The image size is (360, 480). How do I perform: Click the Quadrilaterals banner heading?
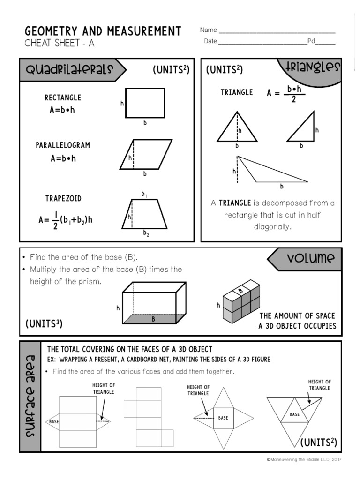[69, 70]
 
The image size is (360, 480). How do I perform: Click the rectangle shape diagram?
[145, 103]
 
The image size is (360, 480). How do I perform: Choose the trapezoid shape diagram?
[144, 214]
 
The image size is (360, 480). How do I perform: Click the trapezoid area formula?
[66, 218]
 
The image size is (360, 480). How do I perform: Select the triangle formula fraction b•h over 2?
[293, 93]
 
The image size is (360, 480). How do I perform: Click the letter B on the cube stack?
[240, 291]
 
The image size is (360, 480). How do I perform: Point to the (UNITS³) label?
[44, 324]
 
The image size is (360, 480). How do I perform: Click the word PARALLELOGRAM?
[63, 145]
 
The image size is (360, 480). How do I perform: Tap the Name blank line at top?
[277, 31]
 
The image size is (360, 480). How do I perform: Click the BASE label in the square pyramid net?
[224, 418]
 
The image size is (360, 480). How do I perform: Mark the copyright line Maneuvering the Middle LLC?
[304, 460]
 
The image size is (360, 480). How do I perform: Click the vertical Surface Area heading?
[30, 397]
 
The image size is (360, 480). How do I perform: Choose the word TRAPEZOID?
[63, 199]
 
